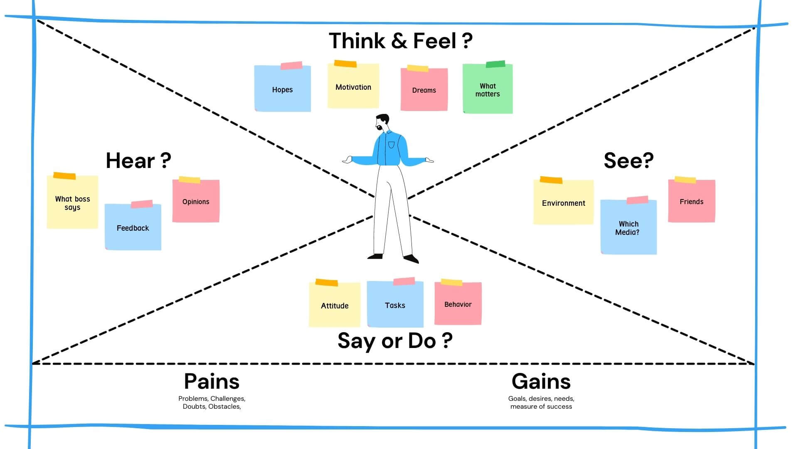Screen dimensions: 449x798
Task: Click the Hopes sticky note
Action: (x=283, y=89)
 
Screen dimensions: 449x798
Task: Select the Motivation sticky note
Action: (x=353, y=86)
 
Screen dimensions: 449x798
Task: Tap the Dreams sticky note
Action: (x=424, y=90)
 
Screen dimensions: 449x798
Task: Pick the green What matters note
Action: (x=488, y=89)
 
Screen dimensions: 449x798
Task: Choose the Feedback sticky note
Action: (x=133, y=227)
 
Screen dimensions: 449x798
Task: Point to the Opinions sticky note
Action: (x=196, y=202)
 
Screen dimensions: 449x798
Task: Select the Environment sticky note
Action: (x=564, y=203)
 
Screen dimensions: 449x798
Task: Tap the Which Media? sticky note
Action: (x=628, y=227)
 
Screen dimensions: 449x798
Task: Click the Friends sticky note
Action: (x=692, y=202)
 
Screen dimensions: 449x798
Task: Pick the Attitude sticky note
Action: (x=335, y=305)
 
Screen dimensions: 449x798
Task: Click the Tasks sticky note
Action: (x=395, y=305)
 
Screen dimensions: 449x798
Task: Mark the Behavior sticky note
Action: (x=458, y=304)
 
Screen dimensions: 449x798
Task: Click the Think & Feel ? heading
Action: (x=401, y=41)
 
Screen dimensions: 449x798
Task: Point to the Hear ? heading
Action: (x=138, y=160)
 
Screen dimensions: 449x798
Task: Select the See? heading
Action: (x=628, y=160)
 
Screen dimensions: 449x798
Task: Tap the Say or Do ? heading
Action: (x=395, y=340)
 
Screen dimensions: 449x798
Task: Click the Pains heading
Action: (x=212, y=381)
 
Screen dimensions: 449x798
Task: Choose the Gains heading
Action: (x=541, y=381)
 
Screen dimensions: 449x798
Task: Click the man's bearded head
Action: (x=382, y=122)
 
